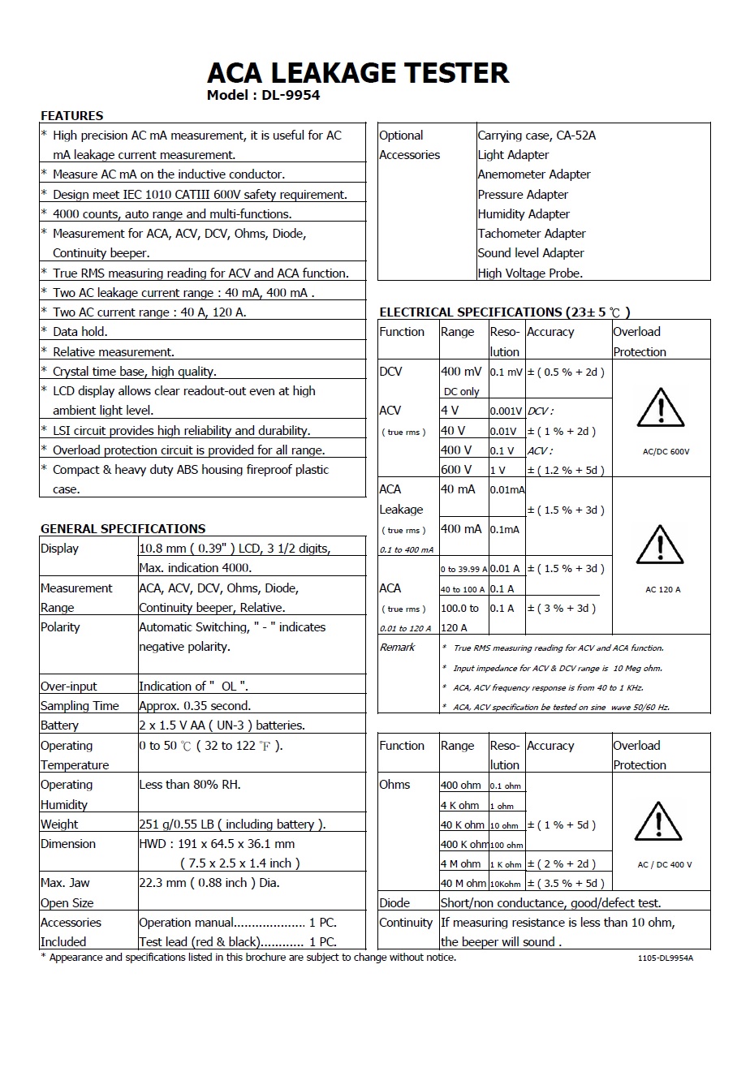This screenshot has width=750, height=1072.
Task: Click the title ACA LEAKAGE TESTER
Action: [358, 73]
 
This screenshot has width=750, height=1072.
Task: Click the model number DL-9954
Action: [291, 95]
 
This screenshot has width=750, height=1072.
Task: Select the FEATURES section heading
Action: [72, 115]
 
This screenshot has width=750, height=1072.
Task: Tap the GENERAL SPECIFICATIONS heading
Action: [123, 528]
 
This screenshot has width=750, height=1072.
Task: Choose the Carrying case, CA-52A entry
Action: [537, 136]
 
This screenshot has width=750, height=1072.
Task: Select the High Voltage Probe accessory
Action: [530, 273]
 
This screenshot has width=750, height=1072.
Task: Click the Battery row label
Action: [60, 725]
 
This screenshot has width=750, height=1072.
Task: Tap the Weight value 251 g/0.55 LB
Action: [231, 824]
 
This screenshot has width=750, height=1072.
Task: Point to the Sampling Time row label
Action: [80, 706]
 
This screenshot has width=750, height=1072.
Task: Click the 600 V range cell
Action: [456, 469]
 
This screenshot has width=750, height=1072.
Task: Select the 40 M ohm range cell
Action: [463, 883]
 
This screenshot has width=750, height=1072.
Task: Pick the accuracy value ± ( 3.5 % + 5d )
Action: [566, 883]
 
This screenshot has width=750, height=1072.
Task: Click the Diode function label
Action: [394, 902]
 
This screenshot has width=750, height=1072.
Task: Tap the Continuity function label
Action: [406, 923]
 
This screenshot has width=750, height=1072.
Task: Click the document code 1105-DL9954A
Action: [666, 958]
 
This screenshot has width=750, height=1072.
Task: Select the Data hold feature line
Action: [80, 332]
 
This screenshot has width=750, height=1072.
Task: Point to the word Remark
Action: [398, 648]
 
